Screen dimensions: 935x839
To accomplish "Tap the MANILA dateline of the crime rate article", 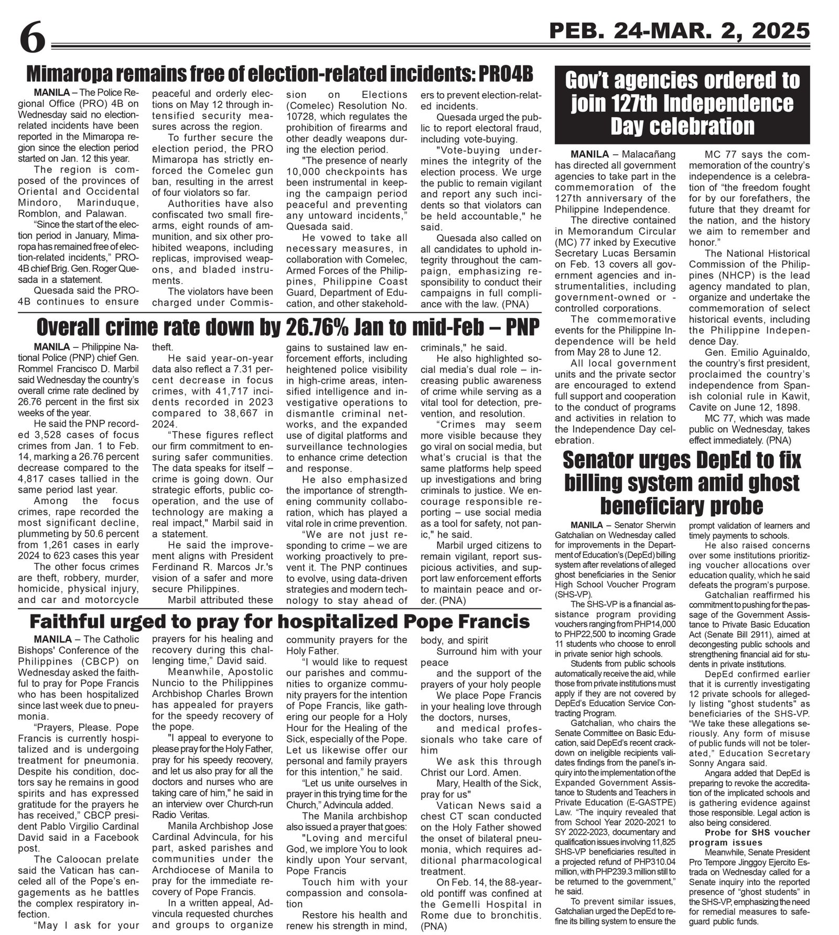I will coord(51,346).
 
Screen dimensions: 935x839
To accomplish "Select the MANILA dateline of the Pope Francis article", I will coord(51,639).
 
